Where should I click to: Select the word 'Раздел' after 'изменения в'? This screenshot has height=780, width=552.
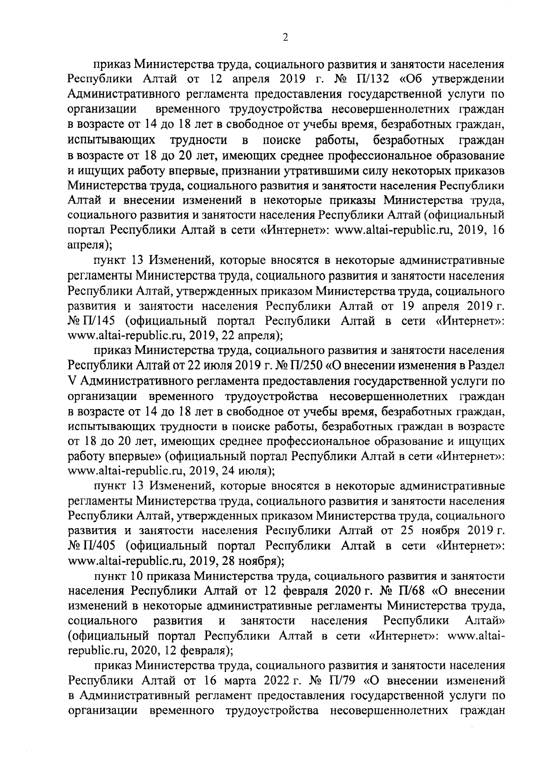pyautogui.click(x=487, y=365)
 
